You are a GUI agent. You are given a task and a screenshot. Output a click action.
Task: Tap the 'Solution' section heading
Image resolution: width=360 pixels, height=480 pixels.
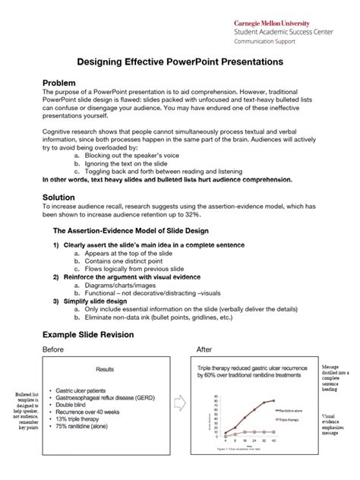pyautogui.click(x=61, y=197)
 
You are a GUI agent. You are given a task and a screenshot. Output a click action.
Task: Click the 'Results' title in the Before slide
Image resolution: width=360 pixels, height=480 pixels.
pyautogui.click(x=104, y=370)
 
